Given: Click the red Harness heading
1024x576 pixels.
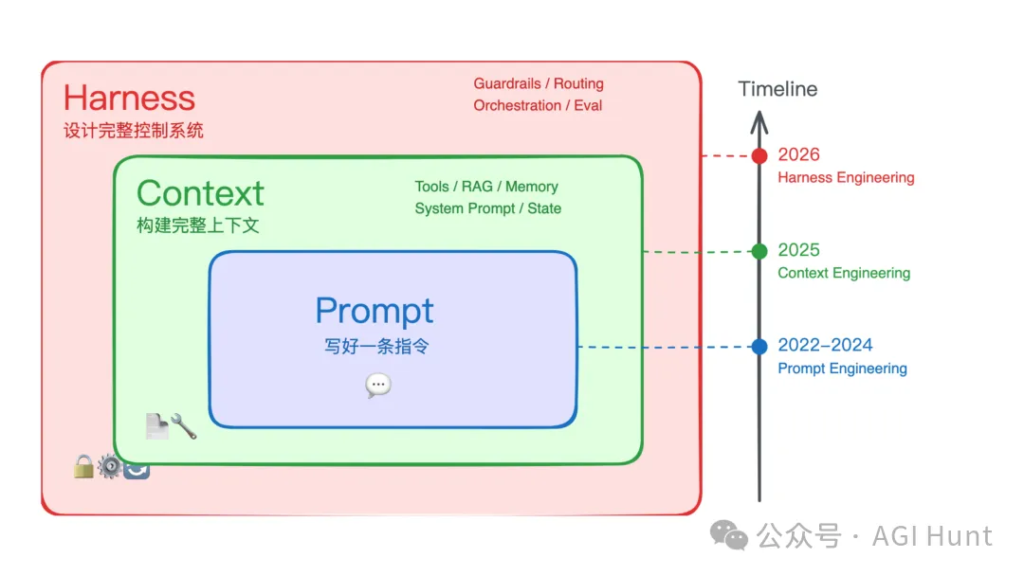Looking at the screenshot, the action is (129, 98).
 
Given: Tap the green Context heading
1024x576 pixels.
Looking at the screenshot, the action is (200, 193).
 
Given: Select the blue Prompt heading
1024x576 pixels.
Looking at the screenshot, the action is (375, 311).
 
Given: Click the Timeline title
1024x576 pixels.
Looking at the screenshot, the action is (777, 89).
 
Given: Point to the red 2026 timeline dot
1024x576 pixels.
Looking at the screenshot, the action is (759, 156).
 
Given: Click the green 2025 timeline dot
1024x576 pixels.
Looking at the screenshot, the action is (759, 251).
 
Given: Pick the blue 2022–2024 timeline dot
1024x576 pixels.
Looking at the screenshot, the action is (759, 347).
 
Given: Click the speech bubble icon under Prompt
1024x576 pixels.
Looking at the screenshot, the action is (378, 385).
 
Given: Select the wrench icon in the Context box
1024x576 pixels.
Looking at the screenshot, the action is (184, 426).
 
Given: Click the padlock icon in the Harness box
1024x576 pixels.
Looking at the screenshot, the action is (83, 466).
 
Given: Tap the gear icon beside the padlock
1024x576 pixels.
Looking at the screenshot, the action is (110, 466).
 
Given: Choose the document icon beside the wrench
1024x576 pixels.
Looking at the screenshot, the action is (156, 426).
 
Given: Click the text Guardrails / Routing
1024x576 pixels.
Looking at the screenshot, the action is (539, 83).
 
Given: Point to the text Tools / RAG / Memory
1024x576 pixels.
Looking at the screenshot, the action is (486, 187).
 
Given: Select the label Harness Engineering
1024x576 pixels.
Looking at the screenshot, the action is (846, 177).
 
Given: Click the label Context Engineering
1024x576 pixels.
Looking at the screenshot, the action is (844, 273).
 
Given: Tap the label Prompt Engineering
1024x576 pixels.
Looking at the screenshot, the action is (842, 369).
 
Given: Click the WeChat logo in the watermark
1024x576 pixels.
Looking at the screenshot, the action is (729, 535).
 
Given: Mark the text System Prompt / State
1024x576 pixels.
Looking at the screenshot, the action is (488, 208).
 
